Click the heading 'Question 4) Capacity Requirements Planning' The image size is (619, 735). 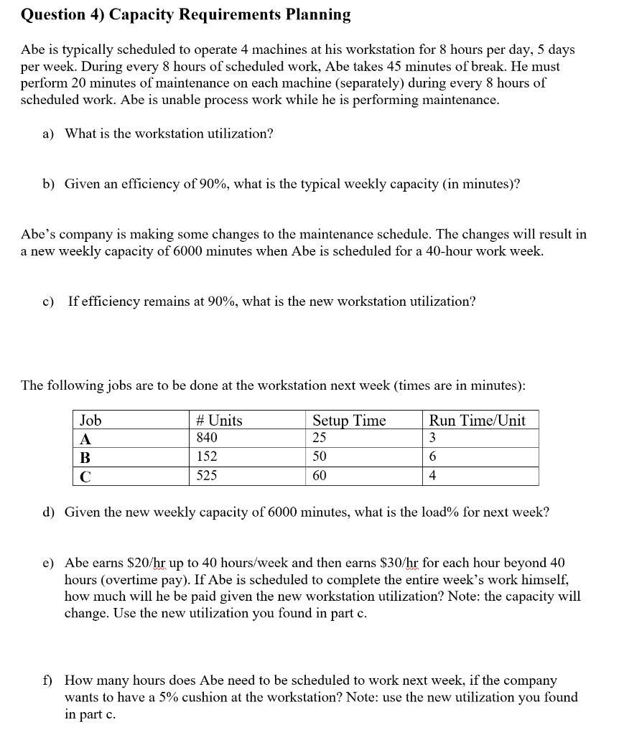point(186,15)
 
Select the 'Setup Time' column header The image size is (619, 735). point(349,421)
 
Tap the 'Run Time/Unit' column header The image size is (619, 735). point(477,421)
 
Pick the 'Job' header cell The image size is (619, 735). point(90,421)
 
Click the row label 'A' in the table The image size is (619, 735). point(85,439)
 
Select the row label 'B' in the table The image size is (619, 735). point(85,457)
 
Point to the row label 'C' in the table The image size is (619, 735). point(85,476)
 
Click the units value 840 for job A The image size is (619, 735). point(207,438)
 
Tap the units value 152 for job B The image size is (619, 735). point(207,457)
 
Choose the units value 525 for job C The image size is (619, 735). point(207,475)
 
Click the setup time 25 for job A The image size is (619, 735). point(320,438)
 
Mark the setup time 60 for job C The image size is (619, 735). point(320,475)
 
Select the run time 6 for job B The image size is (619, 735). point(433,457)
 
